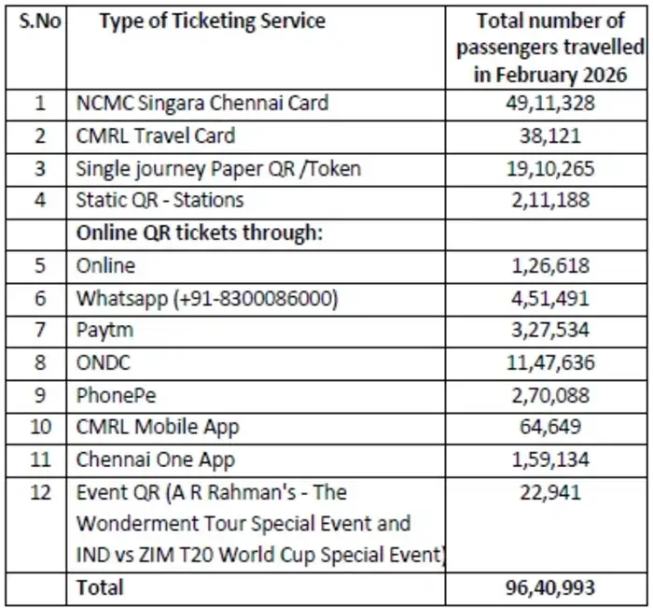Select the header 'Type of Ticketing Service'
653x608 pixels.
point(213,21)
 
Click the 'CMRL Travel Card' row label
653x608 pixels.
point(156,135)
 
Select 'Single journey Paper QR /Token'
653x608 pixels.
point(218,168)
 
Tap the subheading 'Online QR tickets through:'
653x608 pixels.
point(199,233)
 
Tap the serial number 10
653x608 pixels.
point(39,427)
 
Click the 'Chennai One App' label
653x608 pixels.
point(156,460)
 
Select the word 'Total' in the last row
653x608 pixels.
point(100,587)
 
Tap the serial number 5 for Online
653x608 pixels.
point(39,265)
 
